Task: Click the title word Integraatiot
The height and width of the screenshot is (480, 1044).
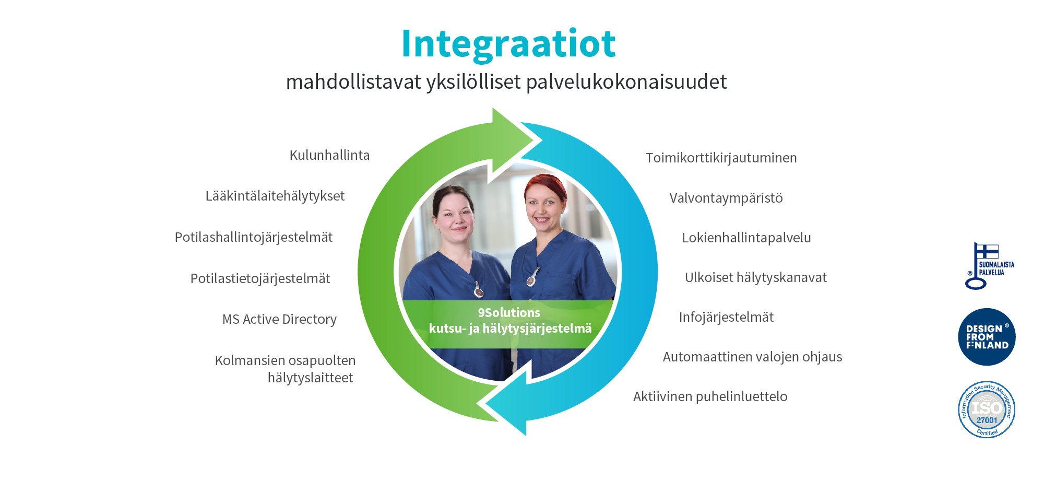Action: (508, 44)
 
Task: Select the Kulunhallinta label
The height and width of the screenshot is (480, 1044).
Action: (329, 155)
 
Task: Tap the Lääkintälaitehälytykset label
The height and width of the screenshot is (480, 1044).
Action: (275, 196)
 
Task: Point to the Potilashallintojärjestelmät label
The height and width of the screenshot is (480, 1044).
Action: (254, 238)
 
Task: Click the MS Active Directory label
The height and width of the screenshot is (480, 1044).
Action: (279, 319)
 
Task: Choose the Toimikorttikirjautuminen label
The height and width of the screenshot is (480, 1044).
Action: (721, 158)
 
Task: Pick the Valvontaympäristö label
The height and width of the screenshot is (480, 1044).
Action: (726, 198)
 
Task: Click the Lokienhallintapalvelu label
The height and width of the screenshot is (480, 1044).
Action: (746, 238)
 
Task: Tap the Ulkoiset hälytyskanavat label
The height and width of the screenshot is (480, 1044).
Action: (756, 277)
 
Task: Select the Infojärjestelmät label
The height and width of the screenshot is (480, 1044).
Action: (726, 317)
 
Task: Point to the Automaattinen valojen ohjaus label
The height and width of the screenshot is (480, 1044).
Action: (752, 357)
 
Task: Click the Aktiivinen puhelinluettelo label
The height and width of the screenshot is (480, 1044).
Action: (710, 396)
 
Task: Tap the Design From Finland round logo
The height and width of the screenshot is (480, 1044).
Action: (987, 337)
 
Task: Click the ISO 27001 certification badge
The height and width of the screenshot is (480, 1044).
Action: (987, 409)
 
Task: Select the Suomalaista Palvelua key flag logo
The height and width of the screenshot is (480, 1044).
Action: (989, 266)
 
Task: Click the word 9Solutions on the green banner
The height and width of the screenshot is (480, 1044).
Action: (509, 313)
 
